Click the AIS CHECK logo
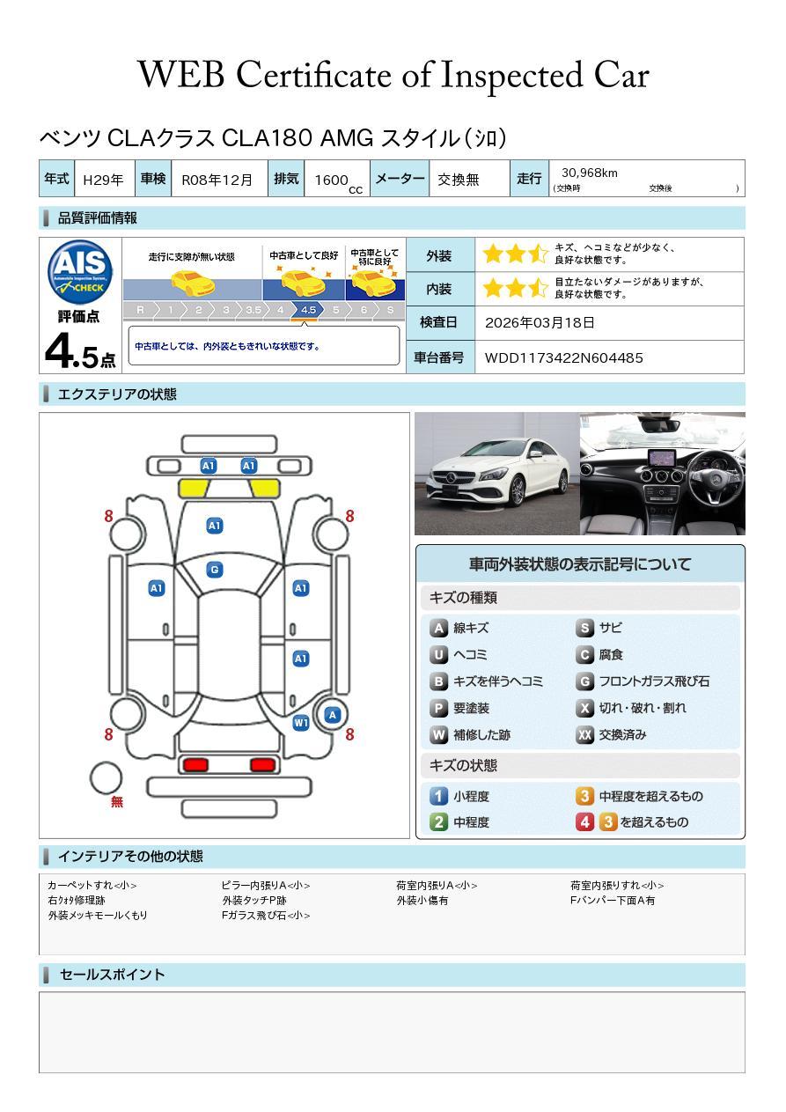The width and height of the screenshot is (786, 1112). click(x=80, y=272)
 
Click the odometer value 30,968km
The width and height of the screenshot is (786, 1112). click(x=589, y=173)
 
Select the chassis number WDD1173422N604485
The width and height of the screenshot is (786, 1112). click(x=563, y=358)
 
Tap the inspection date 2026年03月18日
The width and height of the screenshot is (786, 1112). click(x=540, y=322)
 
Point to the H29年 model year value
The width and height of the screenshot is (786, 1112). click(x=103, y=180)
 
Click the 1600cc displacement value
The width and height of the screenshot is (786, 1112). click(x=338, y=181)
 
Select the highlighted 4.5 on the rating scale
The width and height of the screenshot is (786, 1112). click(x=308, y=310)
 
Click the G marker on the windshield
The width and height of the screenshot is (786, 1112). click(x=215, y=570)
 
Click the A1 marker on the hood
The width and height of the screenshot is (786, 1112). click(x=215, y=526)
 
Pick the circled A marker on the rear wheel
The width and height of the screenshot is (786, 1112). click(x=333, y=715)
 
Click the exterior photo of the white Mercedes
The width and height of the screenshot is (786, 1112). click(x=496, y=474)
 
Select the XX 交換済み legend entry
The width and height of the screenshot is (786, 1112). click(x=611, y=734)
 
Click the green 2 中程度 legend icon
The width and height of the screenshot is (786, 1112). click(x=438, y=822)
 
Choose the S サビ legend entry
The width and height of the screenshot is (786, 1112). click(x=599, y=628)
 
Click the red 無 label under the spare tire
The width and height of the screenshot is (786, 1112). click(x=117, y=801)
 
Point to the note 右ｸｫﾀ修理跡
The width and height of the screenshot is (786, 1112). click(x=77, y=900)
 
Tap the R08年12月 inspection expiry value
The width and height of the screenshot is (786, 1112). click(x=217, y=180)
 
